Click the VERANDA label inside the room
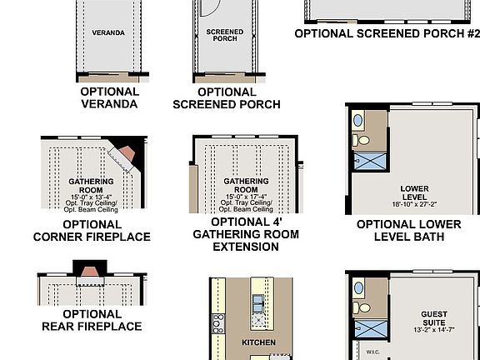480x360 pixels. tap(109, 32)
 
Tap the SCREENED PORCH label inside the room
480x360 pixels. tap(224, 35)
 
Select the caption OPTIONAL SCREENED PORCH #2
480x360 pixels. tap(387, 34)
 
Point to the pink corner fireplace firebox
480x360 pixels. tap(125, 153)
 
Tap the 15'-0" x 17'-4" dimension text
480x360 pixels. tap(245, 196)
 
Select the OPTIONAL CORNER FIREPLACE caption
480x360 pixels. tap(92, 231)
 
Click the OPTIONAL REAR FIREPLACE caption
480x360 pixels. tap(92, 321)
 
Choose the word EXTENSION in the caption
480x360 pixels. tap(245, 246)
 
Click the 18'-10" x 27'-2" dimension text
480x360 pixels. tap(414, 204)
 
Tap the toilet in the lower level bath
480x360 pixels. tap(357, 120)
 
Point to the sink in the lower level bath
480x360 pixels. tap(358, 140)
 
